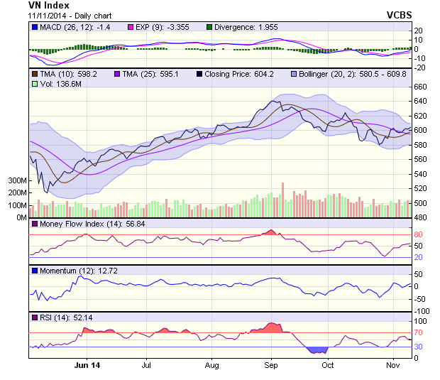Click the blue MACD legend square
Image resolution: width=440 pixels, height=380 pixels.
34,27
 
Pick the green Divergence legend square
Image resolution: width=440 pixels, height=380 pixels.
210,27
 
